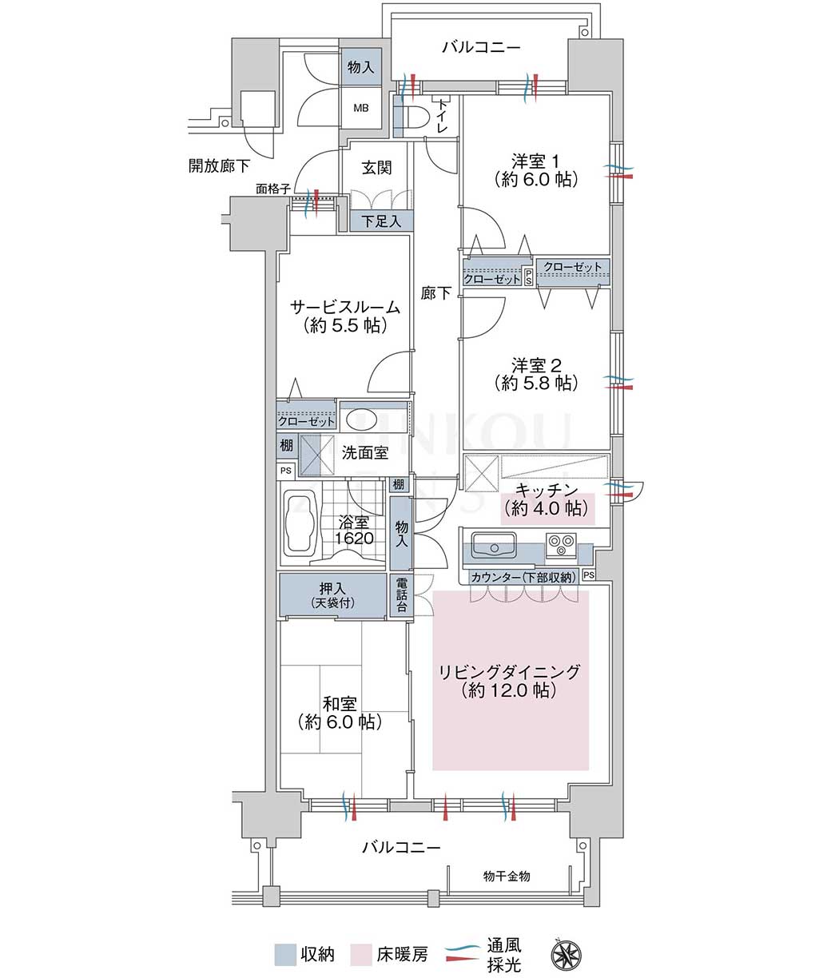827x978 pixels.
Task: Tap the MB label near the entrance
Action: [361, 109]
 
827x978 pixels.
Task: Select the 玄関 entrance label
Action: [376, 168]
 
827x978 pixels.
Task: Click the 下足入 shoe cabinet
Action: [381, 221]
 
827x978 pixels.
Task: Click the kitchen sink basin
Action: [495, 545]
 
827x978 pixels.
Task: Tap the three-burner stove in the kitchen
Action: [561, 544]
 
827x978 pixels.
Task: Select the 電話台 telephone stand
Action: [401, 594]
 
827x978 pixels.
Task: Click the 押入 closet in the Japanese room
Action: [332, 595]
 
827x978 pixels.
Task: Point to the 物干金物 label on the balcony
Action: [507, 877]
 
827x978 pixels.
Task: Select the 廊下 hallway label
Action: [435, 293]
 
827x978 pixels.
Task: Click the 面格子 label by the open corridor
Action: [272, 189]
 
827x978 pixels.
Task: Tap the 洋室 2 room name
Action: [536, 365]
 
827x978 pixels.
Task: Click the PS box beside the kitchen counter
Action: [589, 574]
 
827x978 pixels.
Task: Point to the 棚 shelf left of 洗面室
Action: [287, 446]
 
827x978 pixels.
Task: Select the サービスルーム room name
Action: [345, 308]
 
